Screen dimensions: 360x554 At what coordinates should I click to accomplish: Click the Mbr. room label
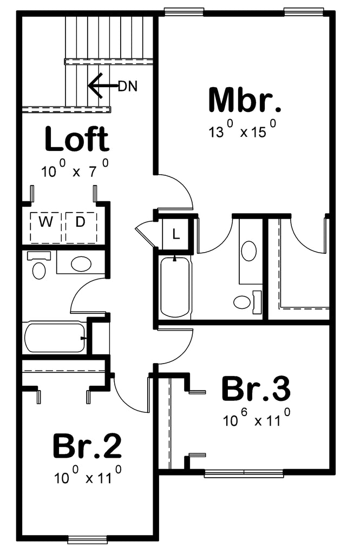pyautogui.click(x=245, y=100)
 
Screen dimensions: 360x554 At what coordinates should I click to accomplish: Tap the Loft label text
pyautogui.click(x=77, y=138)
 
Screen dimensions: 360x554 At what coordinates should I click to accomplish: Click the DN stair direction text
pyautogui.click(x=128, y=86)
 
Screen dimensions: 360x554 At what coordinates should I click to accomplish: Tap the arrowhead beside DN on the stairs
pyautogui.click(x=95, y=85)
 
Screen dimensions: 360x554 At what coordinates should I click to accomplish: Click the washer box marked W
pyautogui.click(x=45, y=228)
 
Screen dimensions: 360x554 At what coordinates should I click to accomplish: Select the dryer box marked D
pyautogui.click(x=81, y=228)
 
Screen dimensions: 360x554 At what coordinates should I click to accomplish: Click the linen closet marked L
pyautogui.click(x=176, y=234)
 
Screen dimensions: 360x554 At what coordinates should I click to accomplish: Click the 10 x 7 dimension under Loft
pyautogui.click(x=75, y=168)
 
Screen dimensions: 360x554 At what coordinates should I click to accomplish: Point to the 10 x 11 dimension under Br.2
pyautogui.click(x=88, y=475)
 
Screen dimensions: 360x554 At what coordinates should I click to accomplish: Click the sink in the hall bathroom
pyautogui.click(x=81, y=263)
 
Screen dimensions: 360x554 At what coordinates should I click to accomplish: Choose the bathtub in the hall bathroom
pyautogui.click(x=55, y=337)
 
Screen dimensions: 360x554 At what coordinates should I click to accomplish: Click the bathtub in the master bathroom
pyautogui.click(x=175, y=287)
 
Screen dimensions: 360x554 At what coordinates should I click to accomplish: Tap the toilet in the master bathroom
pyautogui.click(x=247, y=302)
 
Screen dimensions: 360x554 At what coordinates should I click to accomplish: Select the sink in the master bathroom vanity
pyautogui.click(x=249, y=251)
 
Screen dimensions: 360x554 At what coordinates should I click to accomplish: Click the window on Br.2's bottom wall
pyautogui.click(x=87, y=539)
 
